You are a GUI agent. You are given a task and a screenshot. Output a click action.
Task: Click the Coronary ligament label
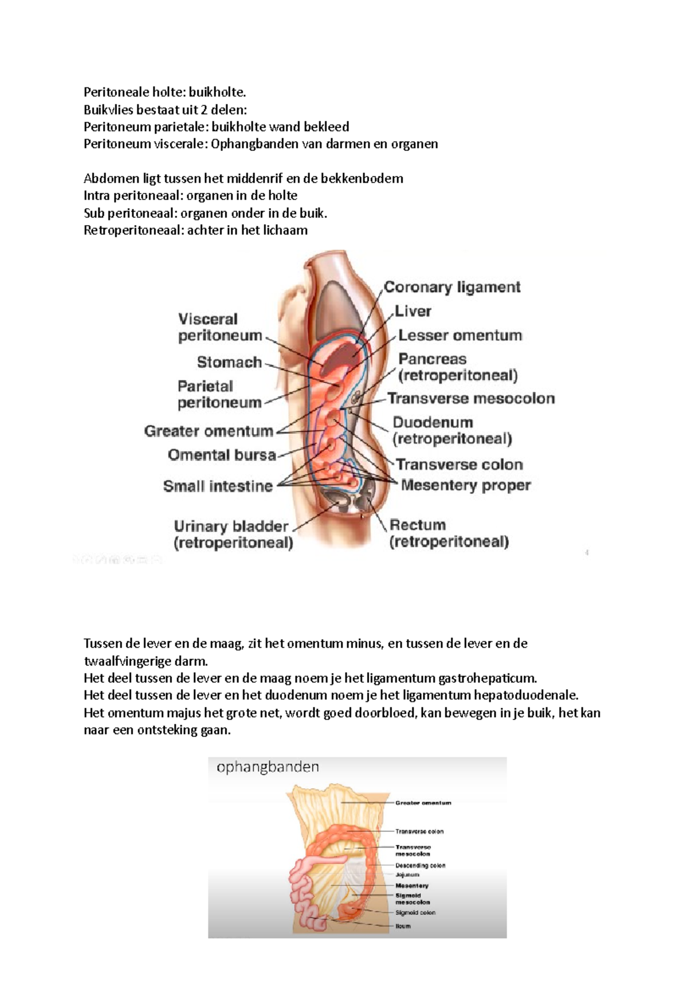point(452,287)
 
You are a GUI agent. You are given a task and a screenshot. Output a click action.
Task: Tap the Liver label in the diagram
point(413,311)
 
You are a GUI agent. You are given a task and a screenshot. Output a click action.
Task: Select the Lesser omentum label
point(460,335)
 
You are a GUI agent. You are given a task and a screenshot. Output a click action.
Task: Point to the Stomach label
point(230,362)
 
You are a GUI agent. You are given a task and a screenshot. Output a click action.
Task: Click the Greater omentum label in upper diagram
point(209,431)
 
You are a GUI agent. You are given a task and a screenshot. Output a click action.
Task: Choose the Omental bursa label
point(221,455)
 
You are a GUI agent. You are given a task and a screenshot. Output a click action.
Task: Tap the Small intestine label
point(218,486)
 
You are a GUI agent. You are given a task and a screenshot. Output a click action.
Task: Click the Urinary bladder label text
point(231,526)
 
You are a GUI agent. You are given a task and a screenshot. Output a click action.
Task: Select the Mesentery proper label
point(466,485)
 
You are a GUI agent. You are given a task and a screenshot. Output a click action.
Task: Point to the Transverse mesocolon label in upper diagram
point(471,398)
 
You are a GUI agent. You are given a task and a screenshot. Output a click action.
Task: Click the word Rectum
point(418,525)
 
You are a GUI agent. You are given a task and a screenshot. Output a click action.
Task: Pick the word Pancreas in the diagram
point(432,359)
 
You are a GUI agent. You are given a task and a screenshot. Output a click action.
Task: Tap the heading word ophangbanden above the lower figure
point(268,767)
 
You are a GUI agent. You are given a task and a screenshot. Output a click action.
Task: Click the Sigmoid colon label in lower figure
point(415,912)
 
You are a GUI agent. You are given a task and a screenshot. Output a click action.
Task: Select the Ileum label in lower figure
point(403,926)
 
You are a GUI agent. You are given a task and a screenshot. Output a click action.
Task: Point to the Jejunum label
point(407,875)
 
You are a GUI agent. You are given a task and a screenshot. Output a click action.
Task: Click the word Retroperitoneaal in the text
point(133,230)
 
